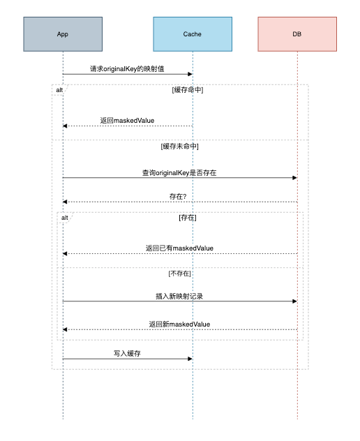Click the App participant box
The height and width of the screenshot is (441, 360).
63,34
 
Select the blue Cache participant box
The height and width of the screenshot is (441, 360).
193,34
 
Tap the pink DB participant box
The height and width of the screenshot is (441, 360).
297,34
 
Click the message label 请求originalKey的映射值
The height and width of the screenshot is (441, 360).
127,69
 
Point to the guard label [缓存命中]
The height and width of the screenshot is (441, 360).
188,90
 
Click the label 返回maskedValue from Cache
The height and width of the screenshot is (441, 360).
127,121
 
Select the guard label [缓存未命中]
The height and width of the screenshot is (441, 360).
180,147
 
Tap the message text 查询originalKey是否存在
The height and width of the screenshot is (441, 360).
179,172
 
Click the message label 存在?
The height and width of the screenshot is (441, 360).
178,197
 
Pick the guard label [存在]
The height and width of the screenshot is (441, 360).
188,218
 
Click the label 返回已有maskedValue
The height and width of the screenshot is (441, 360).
179,248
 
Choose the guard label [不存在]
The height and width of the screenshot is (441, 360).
180,274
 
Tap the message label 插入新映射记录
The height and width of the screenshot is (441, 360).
179,296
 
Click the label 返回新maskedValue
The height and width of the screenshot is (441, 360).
179,324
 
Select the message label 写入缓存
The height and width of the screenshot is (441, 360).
127,354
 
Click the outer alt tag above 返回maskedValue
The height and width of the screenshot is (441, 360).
59,90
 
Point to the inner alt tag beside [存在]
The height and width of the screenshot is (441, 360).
65,218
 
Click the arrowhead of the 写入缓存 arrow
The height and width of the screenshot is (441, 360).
190,359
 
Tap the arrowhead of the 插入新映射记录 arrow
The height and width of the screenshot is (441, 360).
295,301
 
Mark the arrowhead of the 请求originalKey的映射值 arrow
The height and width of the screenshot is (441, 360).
190,74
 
